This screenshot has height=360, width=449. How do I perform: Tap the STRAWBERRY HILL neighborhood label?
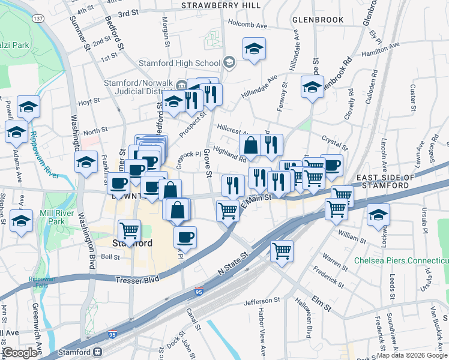[x=221, y=5]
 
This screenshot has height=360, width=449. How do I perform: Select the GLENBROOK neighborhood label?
[x=318, y=19]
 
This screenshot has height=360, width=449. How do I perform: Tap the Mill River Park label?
[x=49, y=217]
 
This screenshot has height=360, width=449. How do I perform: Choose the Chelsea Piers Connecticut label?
[x=401, y=261]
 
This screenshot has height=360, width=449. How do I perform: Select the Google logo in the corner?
[x=20, y=353]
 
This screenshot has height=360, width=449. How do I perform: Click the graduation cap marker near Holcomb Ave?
[x=255, y=49]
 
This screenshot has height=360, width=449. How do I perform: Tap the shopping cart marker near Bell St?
[x=129, y=230]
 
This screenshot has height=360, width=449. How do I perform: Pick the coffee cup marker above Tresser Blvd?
[x=185, y=236]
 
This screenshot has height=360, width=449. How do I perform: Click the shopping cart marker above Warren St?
[x=282, y=250]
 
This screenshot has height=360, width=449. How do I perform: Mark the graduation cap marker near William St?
[x=378, y=214]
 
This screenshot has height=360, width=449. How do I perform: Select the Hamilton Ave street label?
[x=381, y=49]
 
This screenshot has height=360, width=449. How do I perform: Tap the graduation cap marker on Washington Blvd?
[x=86, y=162]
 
